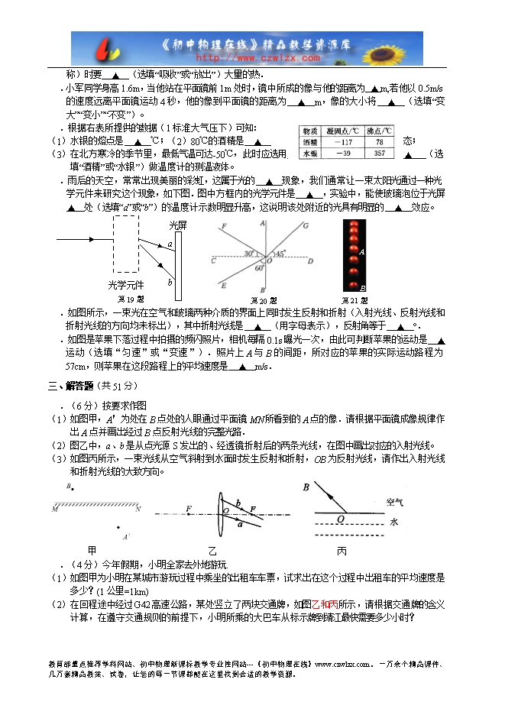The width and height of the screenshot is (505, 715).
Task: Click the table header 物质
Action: [x=309, y=131]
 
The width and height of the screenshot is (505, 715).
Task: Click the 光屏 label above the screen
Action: [x=178, y=226]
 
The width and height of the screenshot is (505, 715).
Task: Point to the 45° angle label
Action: [x=281, y=254]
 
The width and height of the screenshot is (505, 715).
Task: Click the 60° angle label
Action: [x=259, y=268]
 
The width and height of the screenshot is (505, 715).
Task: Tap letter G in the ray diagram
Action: [x=306, y=225]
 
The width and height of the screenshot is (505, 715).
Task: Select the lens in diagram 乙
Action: [x=222, y=516]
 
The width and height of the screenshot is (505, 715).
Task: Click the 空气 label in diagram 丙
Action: [x=394, y=503]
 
